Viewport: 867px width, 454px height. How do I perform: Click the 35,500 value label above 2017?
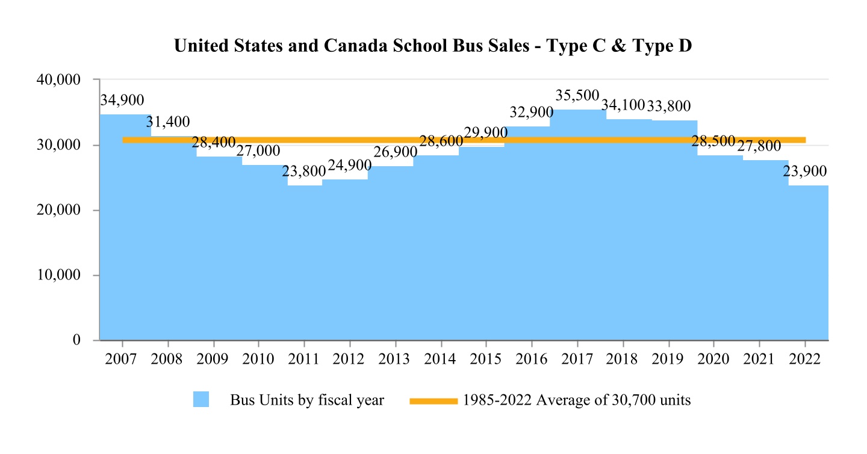pos(577,96)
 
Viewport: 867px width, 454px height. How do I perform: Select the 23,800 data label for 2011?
pos(304,172)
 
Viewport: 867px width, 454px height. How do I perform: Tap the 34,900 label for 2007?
pos(122,100)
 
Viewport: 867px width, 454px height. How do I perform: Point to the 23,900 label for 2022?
pos(805,171)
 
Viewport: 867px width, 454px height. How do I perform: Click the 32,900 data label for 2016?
pos(532,113)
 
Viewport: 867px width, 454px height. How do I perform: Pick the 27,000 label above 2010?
pos(258,151)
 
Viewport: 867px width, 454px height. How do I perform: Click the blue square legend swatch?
pos(201,400)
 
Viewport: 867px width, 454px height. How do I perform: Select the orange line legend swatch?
pos(433,401)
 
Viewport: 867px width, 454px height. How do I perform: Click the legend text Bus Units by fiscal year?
pos(307,400)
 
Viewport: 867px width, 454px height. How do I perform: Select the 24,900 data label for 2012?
pos(350,165)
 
